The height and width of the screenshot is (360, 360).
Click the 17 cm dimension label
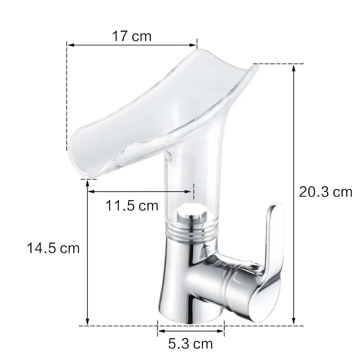point(131,36)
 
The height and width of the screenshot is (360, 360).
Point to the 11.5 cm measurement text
point(132,206)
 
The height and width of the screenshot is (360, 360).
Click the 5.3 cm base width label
point(190,344)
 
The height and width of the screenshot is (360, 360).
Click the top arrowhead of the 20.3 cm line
point(294,67)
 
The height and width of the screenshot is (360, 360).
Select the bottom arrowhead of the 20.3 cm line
point(294,323)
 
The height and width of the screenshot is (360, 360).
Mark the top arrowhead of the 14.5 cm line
point(87,183)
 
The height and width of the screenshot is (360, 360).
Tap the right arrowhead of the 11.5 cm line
point(191,192)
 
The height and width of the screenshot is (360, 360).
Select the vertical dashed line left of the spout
point(67,97)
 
